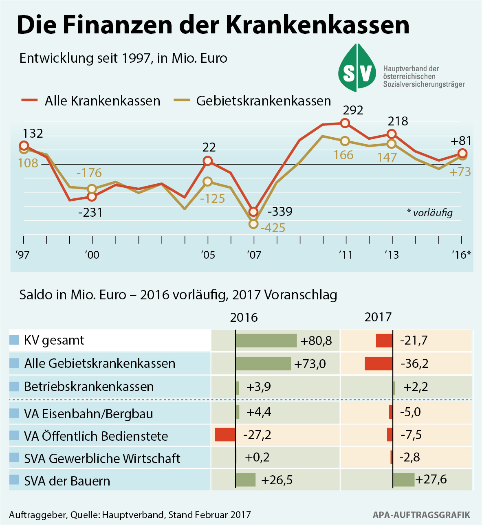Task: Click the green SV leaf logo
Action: click(x=357, y=68)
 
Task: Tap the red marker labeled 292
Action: click(x=345, y=123)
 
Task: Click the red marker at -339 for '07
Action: click(x=253, y=212)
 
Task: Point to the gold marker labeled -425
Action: click(x=253, y=224)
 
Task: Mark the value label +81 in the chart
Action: click(x=461, y=141)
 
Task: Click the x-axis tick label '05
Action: click(x=208, y=255)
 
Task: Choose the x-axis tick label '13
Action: click(x=392, y=255)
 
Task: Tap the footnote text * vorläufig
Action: click(x=430, y=213)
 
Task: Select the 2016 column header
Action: click(x=244, y=318)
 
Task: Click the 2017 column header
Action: click(x=378, y=317)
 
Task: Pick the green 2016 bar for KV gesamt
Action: click(x=266, y=340)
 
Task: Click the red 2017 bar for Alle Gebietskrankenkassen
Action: click(x=379, y=363)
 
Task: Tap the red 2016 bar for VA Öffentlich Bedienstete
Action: click(x=225, y=435)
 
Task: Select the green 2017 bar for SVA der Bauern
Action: click(x=404, y=479)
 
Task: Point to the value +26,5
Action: click(x=277, y=480)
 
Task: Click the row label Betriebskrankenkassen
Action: click(x=89, y=387)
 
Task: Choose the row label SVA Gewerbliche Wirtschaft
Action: click(x=102, y=459)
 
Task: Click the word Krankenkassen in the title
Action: click(x=317, y=25)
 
